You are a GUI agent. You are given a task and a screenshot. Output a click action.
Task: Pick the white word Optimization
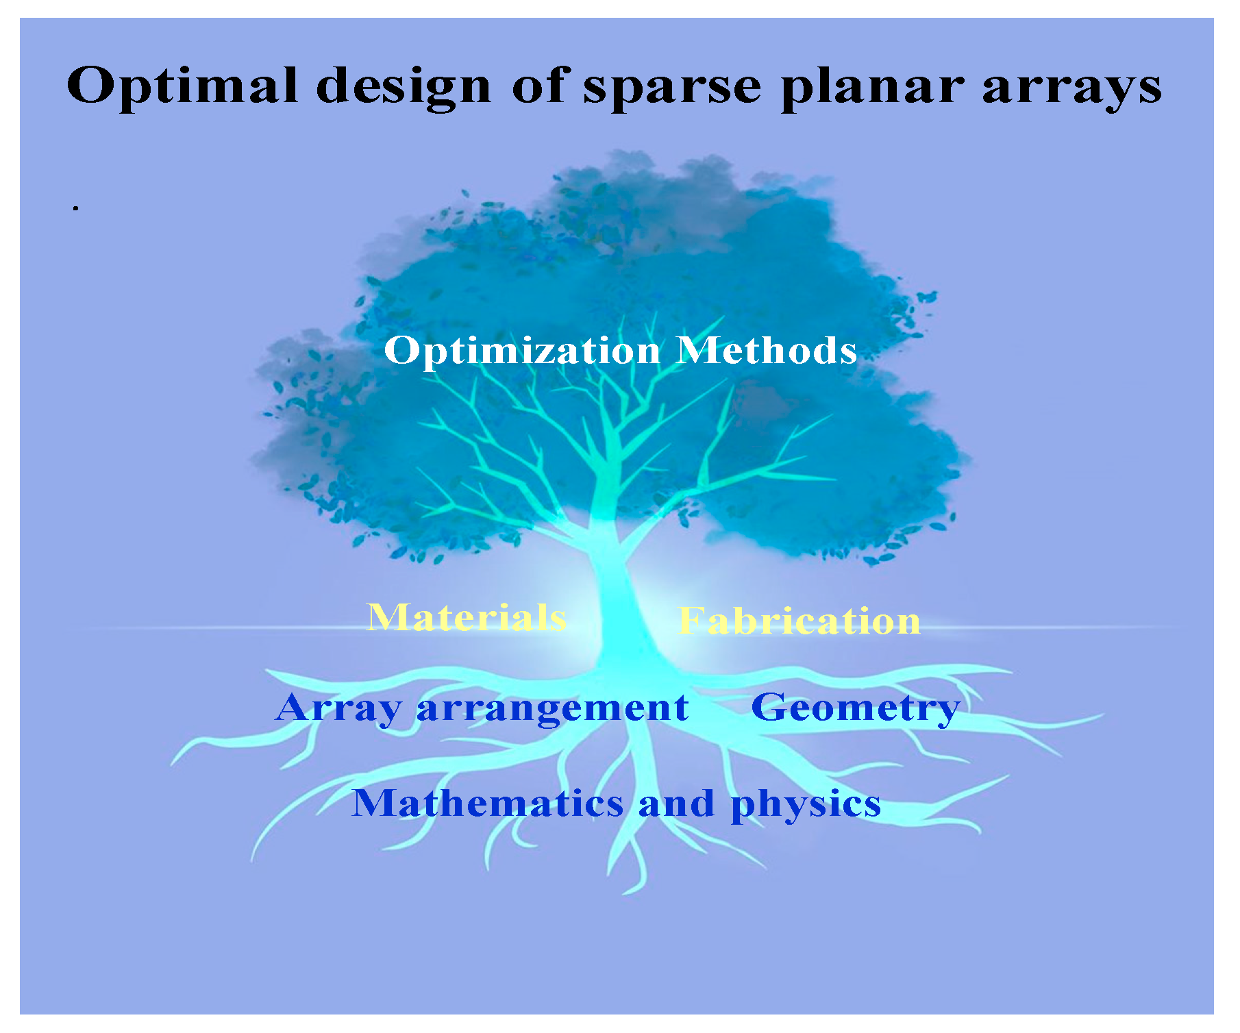pyautogui.click(x=522, y=351)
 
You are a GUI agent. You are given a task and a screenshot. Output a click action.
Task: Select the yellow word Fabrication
pyautogui.click(x=799, y=621)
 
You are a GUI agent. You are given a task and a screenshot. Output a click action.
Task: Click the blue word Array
pyautogui.click(x=338, y=708)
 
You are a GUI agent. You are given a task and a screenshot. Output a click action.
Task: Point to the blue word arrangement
pyautogui.click(x=552, y=709)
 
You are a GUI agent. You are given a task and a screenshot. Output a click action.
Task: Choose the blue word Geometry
pyautogui.click(x=856, y=708)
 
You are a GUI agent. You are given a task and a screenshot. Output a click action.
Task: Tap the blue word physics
pyautogui.click(x=806, y=804)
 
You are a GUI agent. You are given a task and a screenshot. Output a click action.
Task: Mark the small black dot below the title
pyautogui.click(x=76, y=207)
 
